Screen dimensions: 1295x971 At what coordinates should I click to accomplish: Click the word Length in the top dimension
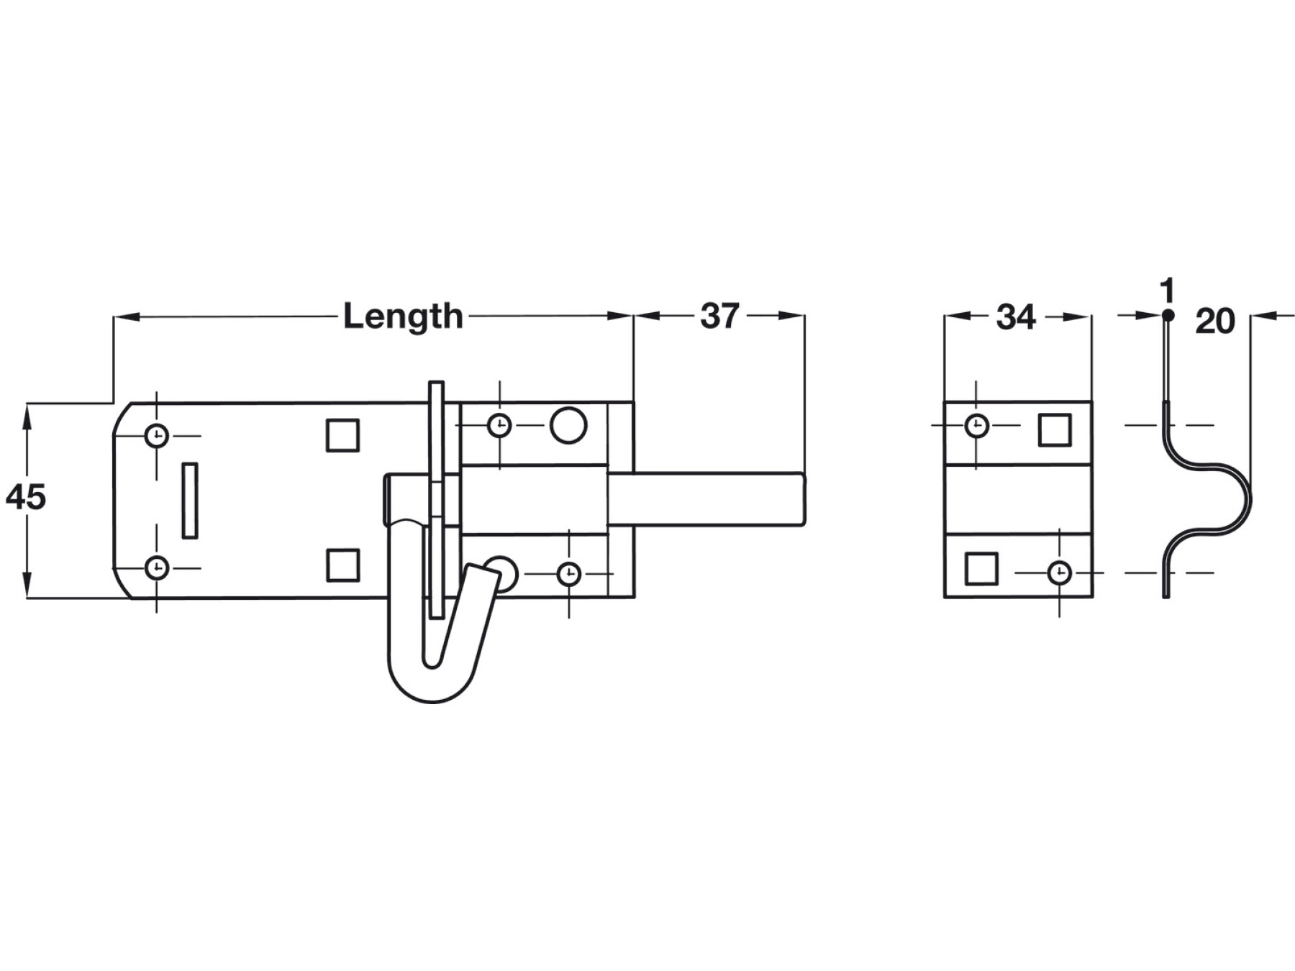[x=403, y=317]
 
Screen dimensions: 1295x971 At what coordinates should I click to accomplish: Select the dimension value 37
[x=719, y=316]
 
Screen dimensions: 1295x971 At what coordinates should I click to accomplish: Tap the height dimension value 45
[x=26, y=497]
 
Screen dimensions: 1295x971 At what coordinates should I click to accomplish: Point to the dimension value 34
[x=1016, y=317]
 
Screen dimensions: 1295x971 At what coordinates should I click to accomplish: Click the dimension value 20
[x=1215, y=321]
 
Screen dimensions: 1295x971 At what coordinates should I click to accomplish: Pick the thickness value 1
[x=1168, y=291]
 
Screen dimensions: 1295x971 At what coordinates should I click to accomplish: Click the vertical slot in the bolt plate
[x=190, y=500]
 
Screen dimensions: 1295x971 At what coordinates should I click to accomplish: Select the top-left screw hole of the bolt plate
[x=157, y=435]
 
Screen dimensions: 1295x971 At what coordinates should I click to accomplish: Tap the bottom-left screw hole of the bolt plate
[x=157, y=567]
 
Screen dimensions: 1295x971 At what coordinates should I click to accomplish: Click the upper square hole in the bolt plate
[x=342, y=435]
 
